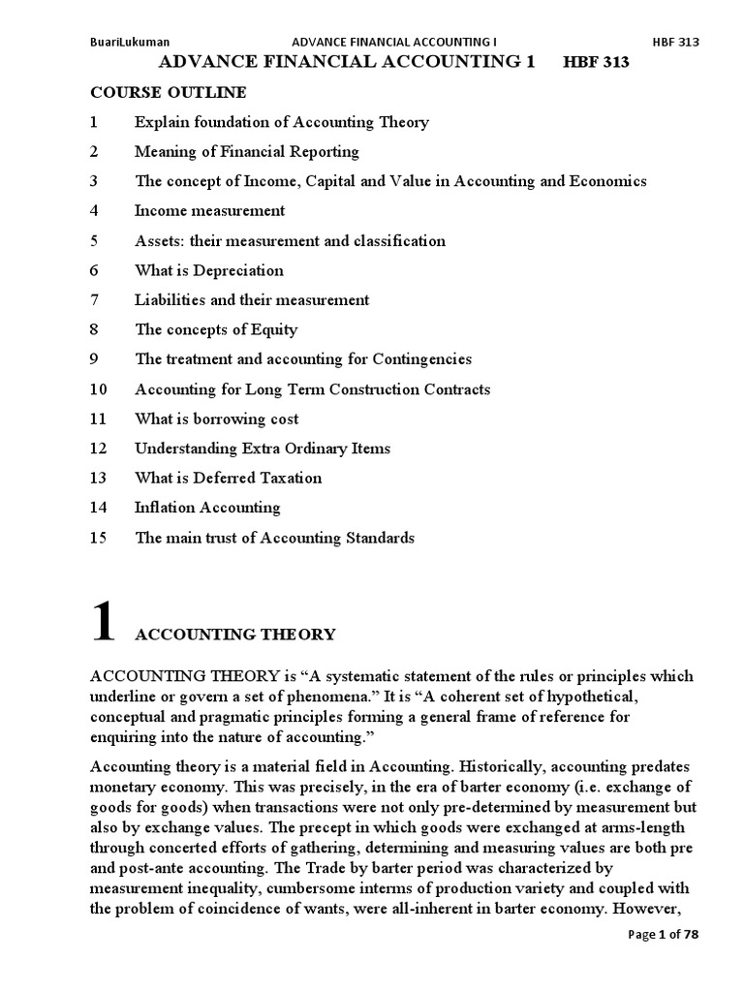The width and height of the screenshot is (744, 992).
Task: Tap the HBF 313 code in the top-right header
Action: coord(676,42)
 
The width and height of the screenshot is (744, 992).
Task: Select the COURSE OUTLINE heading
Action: coord(168,93)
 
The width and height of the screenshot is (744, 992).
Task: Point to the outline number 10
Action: coord(97,389)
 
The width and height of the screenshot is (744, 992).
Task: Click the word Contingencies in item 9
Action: coord(423,359)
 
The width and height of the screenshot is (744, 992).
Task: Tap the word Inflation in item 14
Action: coord(164,508)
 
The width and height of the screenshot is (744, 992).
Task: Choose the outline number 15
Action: coord(97,538)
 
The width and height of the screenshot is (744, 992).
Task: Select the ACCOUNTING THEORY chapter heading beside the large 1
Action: coord(235,635)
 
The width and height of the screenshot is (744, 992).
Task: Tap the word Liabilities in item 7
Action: coord(169,300)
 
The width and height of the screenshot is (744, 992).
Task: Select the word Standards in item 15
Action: coord(380,538)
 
